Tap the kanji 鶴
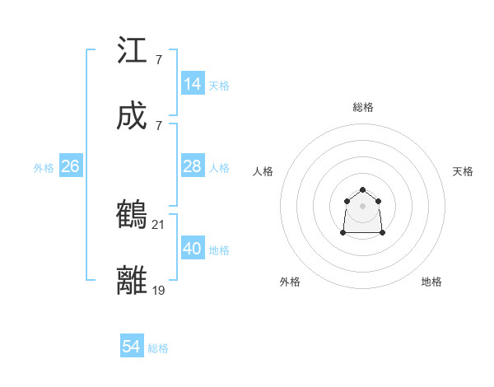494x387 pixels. pyautogui.click(x=132, y=214)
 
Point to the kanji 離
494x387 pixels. pyautogui.click(x=132, y=280)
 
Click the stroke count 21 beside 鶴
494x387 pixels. pyautogui.click(x=159, y=224)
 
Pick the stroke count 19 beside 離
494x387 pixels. pyautogui.click(x=159, y=289)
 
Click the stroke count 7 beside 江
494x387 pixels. pyautogui.click(x=158, y=60)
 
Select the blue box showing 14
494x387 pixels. pyautogui.click(x=193, y=83)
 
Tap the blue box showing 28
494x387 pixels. pyautogui.click(x=193, y=166)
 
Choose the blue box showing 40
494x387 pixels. pyautogui.click(x=193, y=249)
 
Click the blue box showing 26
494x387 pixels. pyautogui.click(x=70, y=166)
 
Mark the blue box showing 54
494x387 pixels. pyautogui.click(x=132, y=347)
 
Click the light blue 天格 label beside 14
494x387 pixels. pyautogui.click(x=219, y=85)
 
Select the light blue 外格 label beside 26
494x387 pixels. pyautogui.click(x=44, y=168)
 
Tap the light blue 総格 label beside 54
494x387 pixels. pyautogui.click(x=158, y=348)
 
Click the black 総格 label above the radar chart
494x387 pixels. pyautogui.click(x=362, y=107)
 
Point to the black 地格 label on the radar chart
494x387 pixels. pyautogui.click(x=431, y=282)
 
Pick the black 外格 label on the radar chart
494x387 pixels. pyautogui.click(x=290, y=282)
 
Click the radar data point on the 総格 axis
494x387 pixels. pyautogui.click(x=362, y=189)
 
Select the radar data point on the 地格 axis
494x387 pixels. pyautogui.click(x=382, y=233)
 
